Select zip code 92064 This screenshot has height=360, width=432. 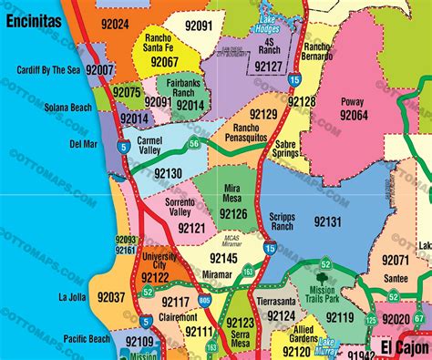pos(353,117)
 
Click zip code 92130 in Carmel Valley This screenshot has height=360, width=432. pos(168,173)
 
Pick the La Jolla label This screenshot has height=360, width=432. pos(72,297)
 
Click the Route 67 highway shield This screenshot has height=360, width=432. pos(418,317)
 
